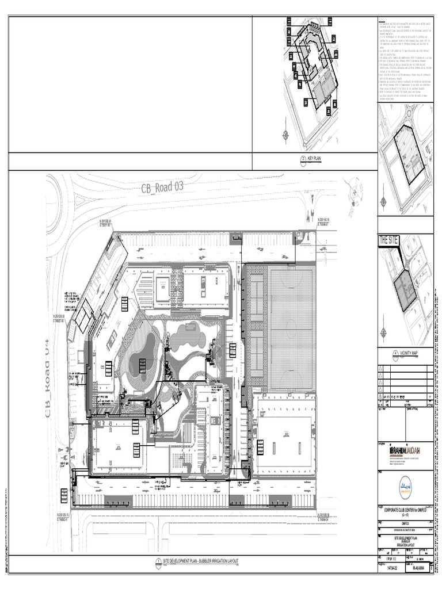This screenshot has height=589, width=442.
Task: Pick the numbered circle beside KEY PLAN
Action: coord(303,162)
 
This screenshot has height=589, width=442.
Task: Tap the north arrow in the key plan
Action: coord(286,135)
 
